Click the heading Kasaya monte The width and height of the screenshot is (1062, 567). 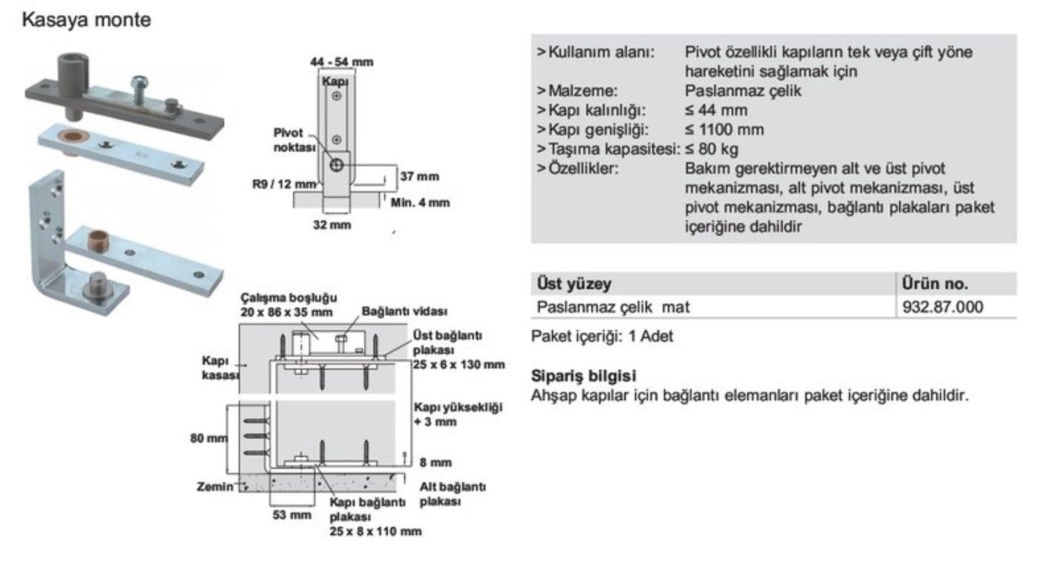tap(86, 20)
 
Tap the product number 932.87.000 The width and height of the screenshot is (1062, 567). tap(943, 307)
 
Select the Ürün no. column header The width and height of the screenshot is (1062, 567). tap(934, 284)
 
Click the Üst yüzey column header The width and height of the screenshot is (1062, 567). tap(574, 284)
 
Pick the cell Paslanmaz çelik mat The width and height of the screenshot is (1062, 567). tap(613, 307)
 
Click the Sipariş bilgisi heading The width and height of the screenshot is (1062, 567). tap(583, 375)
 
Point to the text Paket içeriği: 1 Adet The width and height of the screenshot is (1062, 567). tap(602, 337)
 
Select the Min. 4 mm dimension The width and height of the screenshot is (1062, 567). tap(420, 202)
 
